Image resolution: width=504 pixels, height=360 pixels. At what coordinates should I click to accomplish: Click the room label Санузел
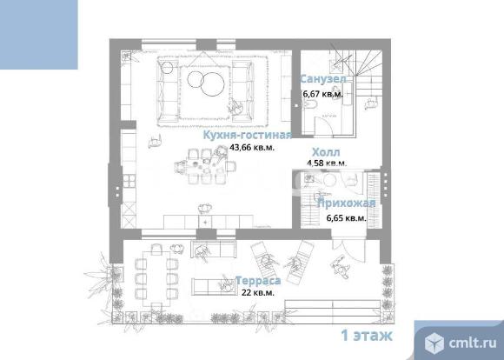(x=323, y=79)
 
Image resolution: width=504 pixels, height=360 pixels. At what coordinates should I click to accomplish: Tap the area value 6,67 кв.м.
(x=323, y=94)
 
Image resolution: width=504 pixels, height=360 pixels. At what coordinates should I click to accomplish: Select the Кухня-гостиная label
(x=248, y=135)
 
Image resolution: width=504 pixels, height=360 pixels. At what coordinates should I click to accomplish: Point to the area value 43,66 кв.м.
(x=252, y=148)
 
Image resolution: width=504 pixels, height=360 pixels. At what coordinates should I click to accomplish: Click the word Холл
(x=326, y=152)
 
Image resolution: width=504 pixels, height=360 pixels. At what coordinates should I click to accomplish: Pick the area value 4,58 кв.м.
(x=327, y=163)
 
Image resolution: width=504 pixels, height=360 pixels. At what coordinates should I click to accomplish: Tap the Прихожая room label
(x=347, y=203)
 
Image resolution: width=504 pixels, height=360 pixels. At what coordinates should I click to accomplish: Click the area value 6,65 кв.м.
(x=346, y=218)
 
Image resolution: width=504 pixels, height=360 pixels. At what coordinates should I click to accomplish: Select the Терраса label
(x=258, y=281)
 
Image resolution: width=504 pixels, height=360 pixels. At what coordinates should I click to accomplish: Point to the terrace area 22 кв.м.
(x=258, y=293)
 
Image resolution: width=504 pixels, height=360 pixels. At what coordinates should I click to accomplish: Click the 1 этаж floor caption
(x=367, y=336)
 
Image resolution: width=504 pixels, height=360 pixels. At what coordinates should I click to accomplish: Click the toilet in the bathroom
(x=310, y=104)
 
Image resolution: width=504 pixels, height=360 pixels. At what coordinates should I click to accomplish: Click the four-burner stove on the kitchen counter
(x=129, y=180)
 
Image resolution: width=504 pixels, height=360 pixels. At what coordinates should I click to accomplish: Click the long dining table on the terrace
(x=156, y=278)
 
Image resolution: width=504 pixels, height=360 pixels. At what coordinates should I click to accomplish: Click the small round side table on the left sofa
(x=167, y=67)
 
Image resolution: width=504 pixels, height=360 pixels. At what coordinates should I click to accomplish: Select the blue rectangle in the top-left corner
(x=38, y=35)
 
